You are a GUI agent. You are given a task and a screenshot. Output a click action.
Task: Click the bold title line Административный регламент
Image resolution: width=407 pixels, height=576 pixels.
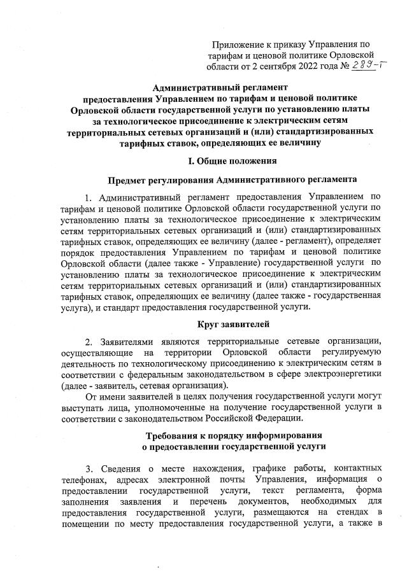[220, 87]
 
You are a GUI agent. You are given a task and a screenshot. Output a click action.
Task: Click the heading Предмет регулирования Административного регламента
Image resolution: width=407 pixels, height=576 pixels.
[220, 182]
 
